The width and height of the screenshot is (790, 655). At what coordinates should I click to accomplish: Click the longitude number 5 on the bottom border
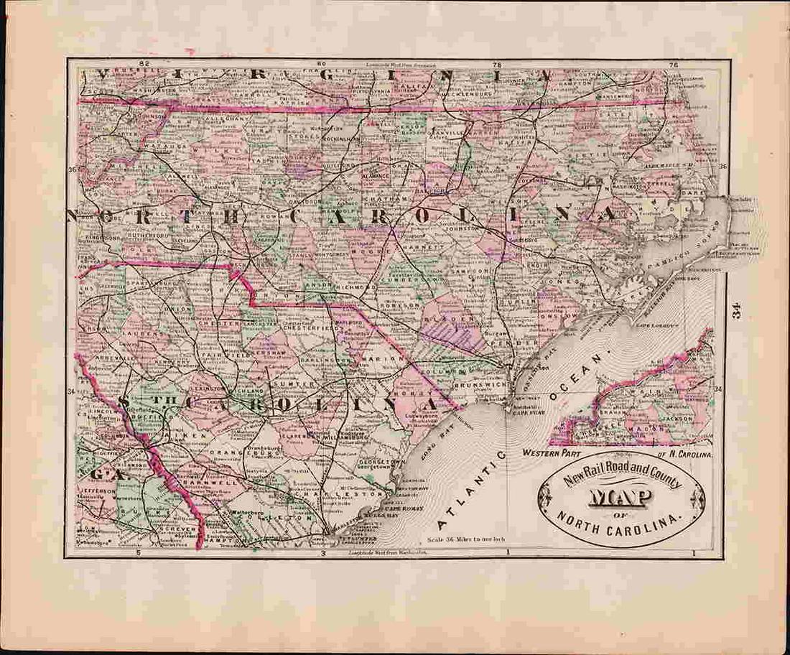(138, 554)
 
